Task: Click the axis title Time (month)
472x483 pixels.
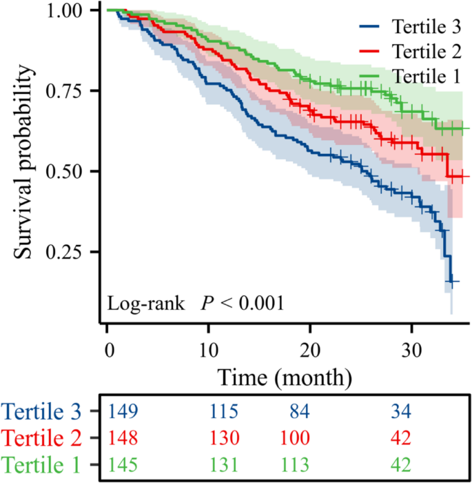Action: [285, 377]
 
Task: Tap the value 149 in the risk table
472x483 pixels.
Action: [123, 412]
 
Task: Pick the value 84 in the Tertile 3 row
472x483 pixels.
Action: [298, 412]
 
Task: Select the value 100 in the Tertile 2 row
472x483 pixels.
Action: [295, 437]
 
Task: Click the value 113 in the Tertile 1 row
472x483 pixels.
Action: [295, 463]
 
